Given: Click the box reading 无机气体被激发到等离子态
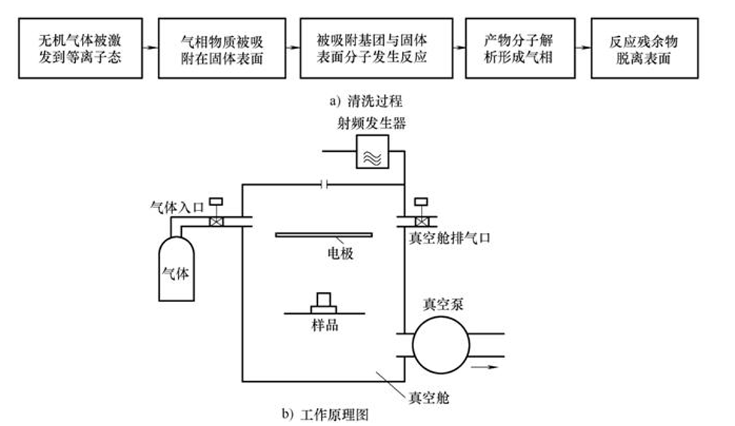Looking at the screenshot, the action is point(80,48).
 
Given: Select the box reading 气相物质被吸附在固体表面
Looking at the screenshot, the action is point(222,48).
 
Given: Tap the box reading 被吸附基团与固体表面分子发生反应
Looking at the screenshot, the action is point(377,48).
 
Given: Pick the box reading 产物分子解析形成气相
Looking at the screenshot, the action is point(520,48).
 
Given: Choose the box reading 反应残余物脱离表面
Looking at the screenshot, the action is point(645,48).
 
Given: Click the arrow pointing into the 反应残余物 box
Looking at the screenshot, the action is point(583,47).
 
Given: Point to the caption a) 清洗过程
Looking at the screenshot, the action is point(366,101).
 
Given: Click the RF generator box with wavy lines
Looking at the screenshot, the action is point(373,151).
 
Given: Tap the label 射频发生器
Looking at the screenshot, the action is point(372,123).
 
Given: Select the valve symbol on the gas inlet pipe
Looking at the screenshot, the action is point(216,221).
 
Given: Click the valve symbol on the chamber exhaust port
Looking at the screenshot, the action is point(422,221).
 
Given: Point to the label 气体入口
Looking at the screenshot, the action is point(177,207).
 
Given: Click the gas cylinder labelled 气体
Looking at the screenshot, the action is point(177,268).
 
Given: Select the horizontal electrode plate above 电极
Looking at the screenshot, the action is point(324,235).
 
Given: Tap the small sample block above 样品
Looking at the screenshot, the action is point(324,303).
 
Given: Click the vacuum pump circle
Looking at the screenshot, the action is point(440,345).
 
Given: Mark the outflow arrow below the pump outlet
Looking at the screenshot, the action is point(485,367).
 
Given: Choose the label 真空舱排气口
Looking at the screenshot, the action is point(449,238).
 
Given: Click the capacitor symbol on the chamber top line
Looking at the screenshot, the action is point(324,185).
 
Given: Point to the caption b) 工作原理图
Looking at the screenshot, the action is point(325,414).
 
